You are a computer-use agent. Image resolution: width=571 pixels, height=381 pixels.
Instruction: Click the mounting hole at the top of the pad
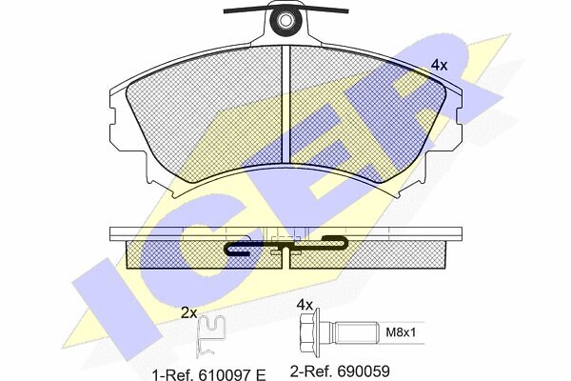pyautogui.click(x=285, y=20)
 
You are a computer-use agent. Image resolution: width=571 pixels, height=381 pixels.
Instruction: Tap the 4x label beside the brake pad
pyautogui.click(x=439, y=66)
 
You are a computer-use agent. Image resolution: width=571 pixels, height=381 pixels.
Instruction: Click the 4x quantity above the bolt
pyautogui.click(x=305, y=304)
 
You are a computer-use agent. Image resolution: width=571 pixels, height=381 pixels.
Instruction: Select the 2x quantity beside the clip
pyautogui.click(x=189, y=312)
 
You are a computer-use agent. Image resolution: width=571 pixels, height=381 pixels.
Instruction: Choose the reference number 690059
pyautogui.click(x=364, y=371)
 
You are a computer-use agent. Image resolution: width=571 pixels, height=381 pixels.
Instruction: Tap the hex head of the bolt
pyautogui.click(x=309, y=332)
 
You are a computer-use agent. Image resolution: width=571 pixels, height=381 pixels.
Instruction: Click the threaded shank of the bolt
pyautogui.click(x=356, y=332)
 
